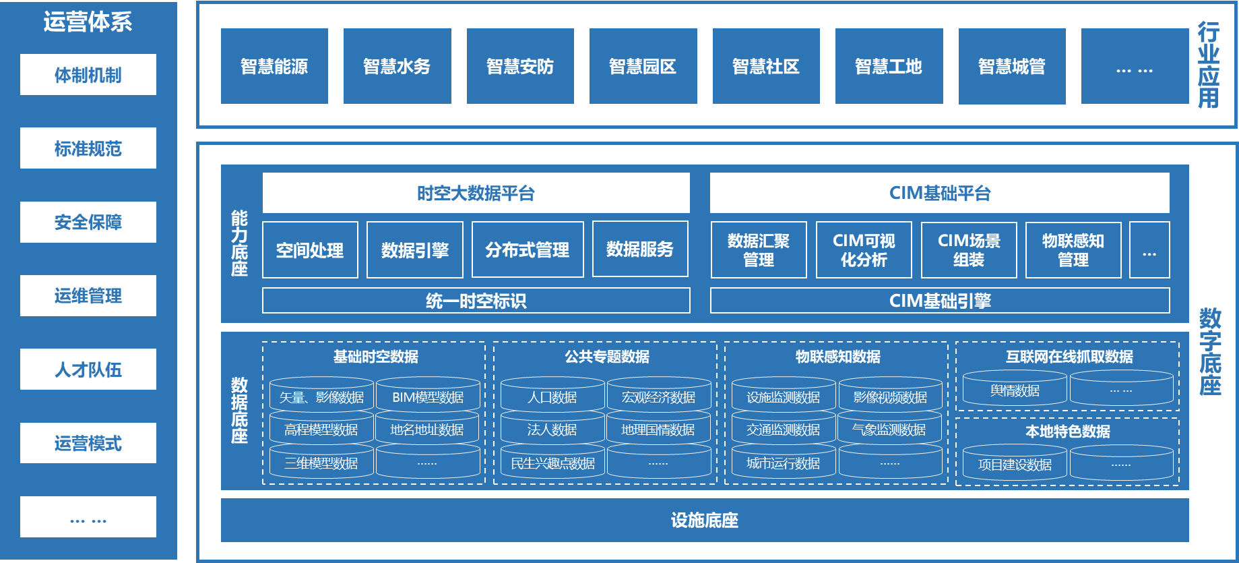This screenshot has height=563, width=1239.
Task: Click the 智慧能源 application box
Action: [x=274, y=66]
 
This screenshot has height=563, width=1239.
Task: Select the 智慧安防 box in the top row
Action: [x=520, y=66]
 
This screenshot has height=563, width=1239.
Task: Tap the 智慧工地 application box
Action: [x=889, y=66]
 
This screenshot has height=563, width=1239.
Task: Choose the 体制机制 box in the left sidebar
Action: [x=88, y=75]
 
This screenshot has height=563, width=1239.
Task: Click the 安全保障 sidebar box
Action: [x=88, y=222]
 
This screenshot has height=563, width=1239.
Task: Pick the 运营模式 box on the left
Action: [x=88, y=443]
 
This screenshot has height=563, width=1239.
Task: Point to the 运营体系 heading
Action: [x=88, y=22]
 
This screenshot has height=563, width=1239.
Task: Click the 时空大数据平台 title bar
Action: [x=476, y=194]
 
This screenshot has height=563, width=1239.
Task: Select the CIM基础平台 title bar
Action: [x=940, y=194]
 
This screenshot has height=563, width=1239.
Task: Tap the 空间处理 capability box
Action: [x=310, y=250]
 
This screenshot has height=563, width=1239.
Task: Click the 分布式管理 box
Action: [x=528, y=250]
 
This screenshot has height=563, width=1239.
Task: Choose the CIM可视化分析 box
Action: [x=864, y=250]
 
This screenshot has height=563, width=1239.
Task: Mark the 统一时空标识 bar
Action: [x=476, y=301]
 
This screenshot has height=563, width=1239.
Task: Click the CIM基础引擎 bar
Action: [x=940, y=301]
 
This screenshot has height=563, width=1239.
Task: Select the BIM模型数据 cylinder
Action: [x=428, y=396]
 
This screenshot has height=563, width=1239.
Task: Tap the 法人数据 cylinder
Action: [x=552, y=429]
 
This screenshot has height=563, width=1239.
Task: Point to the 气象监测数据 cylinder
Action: [x=889, y=429]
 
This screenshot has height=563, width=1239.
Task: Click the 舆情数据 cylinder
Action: [x=1015, y=390]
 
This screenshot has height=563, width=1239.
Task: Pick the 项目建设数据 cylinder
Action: [x=1015, y=464]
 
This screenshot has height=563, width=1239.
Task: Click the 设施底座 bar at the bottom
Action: [x=705, y=520]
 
